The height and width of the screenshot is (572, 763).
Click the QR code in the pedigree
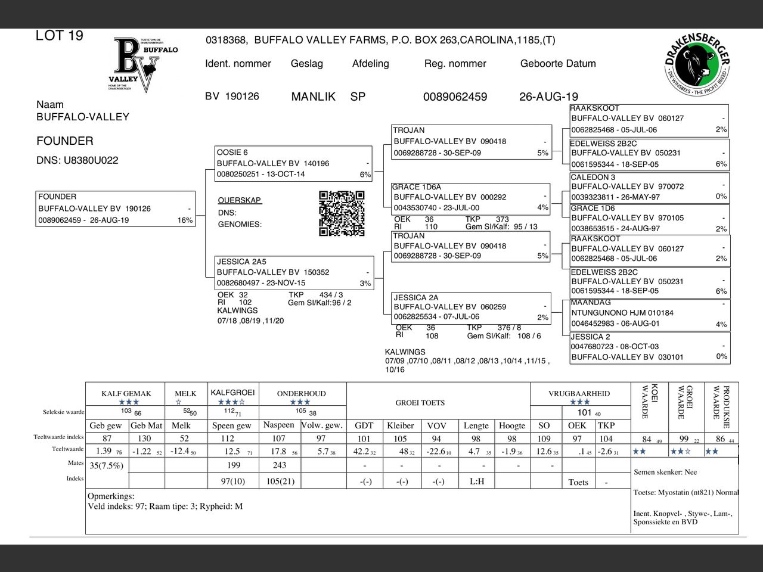[342, 213]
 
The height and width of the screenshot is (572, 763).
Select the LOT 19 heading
[60, 36]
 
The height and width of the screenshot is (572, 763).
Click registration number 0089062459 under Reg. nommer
[455, 97]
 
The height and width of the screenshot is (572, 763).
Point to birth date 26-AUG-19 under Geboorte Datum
[548, 97]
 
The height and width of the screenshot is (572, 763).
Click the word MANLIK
[313, 97]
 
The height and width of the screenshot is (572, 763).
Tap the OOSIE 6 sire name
[232, 153]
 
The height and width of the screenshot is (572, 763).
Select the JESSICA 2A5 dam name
[241, 262]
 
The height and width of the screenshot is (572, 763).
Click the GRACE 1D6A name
[417, 187]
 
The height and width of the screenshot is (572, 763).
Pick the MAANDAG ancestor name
[591, 302]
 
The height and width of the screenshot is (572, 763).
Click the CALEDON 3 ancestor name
[593, 177]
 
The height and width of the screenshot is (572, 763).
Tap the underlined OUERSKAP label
[240, 200]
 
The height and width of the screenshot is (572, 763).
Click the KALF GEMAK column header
[126, 394]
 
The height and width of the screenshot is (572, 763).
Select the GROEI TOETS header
[420, 403]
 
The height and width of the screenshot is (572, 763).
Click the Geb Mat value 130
[144, 439]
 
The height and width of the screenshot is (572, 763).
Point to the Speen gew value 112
[228, 439]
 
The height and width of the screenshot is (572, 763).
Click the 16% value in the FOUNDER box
[185, 220]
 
